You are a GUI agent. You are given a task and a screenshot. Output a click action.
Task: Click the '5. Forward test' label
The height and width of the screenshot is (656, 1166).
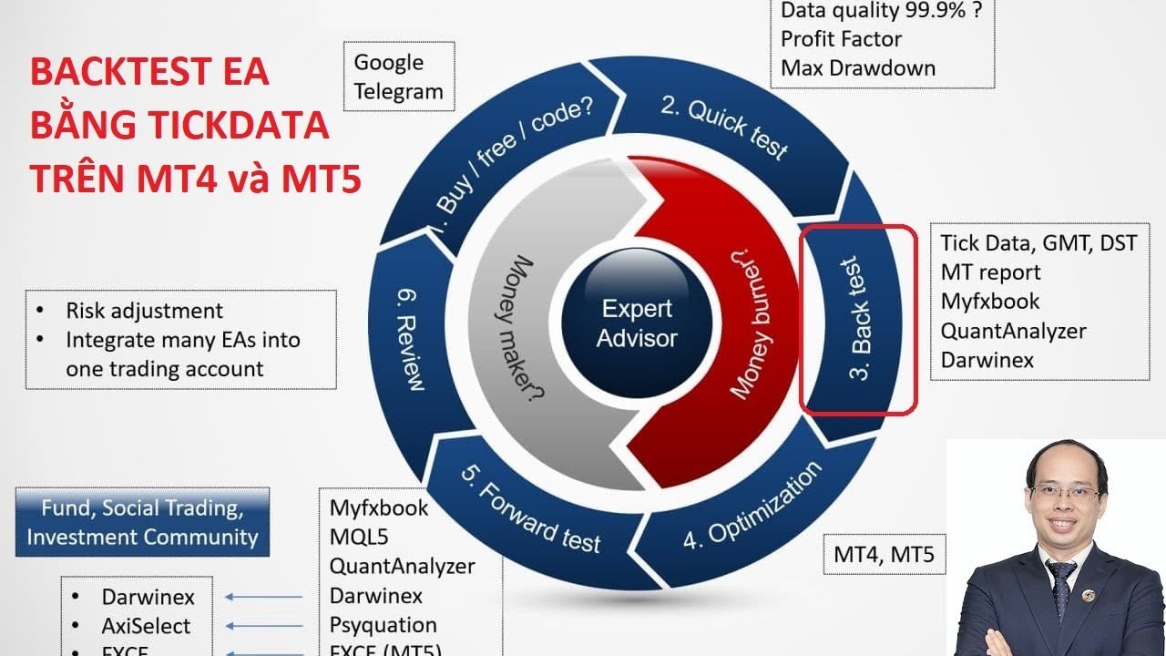pyautogui.click(x=532, y=510)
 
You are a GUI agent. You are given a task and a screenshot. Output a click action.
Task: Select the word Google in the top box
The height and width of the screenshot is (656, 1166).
pyautogui.click(x=389, y=63)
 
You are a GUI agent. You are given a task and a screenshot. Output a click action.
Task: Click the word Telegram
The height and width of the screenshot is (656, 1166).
pyautogui.click(x=398, y=91)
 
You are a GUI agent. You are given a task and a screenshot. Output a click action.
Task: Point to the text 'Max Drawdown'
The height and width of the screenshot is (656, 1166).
pyautogui.click(x=858, y=67)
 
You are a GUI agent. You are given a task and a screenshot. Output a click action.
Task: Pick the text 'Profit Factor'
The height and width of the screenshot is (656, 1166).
pyautogui.click(x=841, y=39)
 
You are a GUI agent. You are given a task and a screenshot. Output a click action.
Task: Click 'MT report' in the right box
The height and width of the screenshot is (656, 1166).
pyautogui.click(x=990, y=272)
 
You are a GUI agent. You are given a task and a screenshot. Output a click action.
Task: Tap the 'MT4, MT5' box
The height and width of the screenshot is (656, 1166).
pyautogui.click(x=884, y=554)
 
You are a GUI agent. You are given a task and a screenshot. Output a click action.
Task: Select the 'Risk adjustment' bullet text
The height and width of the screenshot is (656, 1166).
pyautogui.click(x=144, y=311)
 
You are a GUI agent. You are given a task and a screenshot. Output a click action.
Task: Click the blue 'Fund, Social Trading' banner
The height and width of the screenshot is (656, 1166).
pyautogui.click(x=142, y=522)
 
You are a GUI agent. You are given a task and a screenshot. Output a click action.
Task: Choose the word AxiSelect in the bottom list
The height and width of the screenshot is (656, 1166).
pyautogui.click(x=146, y=627)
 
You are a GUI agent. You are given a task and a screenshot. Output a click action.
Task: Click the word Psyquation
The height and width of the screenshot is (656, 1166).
pyautogui.click(x=383, y=625)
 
